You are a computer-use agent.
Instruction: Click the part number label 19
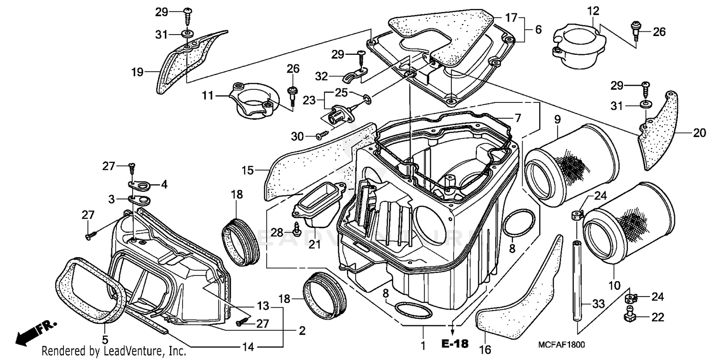[x=137, y=73]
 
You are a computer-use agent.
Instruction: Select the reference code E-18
[x=454, y=344]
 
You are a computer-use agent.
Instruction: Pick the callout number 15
[x=248, y=170]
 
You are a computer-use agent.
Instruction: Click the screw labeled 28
[x=298, y=232]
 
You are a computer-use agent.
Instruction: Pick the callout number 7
[x=517, y=118]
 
